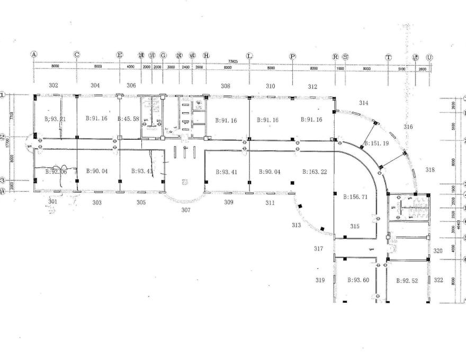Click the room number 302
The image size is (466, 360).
[53, 85]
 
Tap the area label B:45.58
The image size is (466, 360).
[128, 119]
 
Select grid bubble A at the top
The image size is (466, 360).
[34, 55]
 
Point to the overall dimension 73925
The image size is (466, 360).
[232, 61]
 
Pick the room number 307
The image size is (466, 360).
[185, 210]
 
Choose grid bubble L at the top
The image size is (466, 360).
[249, 56]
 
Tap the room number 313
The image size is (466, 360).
[295, 226]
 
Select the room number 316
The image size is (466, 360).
[408, 127]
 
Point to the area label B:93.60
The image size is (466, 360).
[358, 281]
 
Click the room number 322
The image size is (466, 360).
[438, 280]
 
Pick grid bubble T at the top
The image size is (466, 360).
[388, 57]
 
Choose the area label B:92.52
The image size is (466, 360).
[407, 281]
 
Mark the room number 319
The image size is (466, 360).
[320, 280]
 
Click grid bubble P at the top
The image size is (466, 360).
[292, 56]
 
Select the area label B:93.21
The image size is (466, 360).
[55, 119]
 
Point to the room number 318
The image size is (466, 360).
[429, 169]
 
